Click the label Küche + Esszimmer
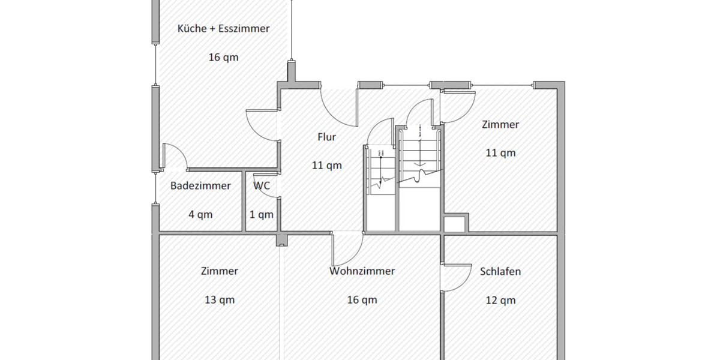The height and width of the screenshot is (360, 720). (223, 28)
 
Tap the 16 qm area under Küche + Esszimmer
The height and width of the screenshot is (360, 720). (223, 58)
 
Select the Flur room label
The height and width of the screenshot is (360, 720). (327, 137)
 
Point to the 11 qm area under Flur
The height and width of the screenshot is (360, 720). (327, 165)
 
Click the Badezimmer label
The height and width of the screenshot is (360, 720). (200, 186)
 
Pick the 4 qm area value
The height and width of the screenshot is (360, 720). (200, 214)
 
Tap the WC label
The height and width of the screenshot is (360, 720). (262, 186)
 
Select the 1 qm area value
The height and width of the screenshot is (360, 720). (262, 214)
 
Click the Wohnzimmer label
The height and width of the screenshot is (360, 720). (362, 271)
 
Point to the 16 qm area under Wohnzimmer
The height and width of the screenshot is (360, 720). (362, 300)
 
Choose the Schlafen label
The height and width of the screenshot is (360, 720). (500, 271)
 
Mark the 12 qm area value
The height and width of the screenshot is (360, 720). (500, 300)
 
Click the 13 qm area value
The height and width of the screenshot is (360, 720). (220, 300)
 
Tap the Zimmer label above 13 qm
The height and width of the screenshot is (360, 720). (220, 271)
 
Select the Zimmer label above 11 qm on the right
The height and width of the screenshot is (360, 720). (500, 125)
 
